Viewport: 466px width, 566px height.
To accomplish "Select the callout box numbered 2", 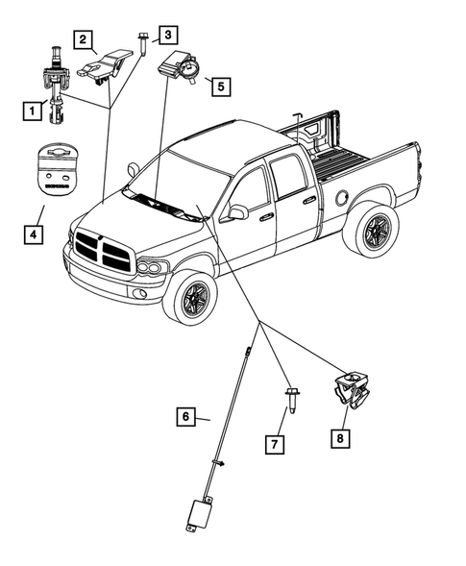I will point(86,39).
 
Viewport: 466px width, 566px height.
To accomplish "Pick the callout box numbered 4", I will point(33,233).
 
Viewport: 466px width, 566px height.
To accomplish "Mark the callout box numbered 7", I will point(274,443).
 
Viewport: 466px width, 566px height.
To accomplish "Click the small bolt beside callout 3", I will point(141,44).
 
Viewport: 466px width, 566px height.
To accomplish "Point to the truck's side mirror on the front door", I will point(233,212).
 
